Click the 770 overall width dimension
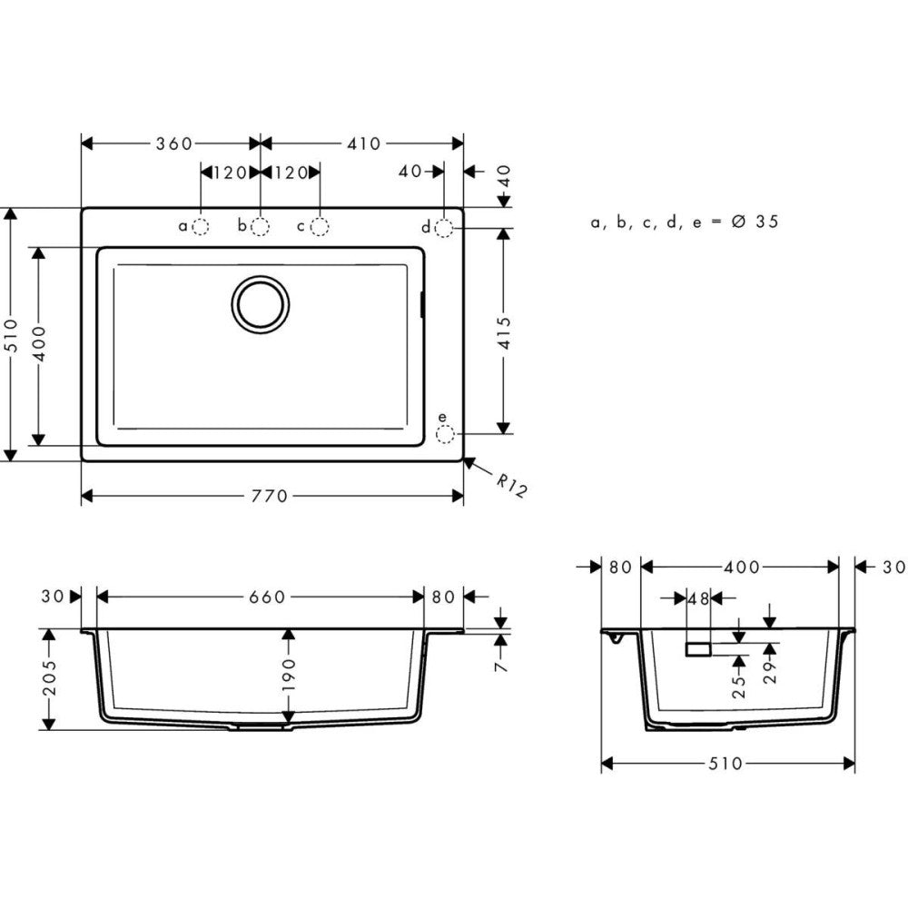[270, 496]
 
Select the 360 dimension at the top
[173, 143]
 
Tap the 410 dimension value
[362, 143]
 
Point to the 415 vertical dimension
[505, 332]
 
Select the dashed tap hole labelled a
[201, 226]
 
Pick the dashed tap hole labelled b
[261, 226]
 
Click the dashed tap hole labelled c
[320, 226]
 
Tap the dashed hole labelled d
[444, 227]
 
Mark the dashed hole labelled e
[444, 436]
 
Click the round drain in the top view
[261, 303]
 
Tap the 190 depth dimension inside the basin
[288, 677]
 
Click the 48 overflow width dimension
[698, 598]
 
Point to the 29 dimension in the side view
[771, 676]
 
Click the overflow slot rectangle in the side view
[698, 648]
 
